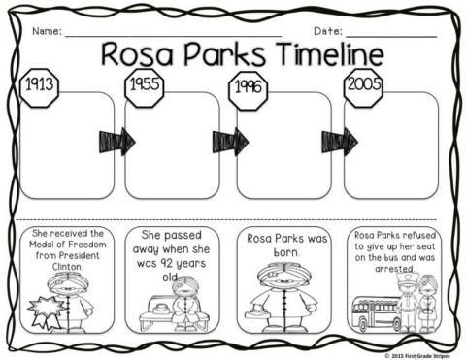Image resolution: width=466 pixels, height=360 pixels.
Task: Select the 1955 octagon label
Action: coord(143,84)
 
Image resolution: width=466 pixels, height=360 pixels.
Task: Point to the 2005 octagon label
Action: coord(362,84)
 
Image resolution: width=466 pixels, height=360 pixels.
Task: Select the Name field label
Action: coord(47,30)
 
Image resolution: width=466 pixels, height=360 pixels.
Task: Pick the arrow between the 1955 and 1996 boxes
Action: coord(227,142)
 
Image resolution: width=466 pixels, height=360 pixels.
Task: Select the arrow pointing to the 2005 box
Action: coord(338,142)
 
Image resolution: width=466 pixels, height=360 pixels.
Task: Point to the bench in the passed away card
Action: coord(151,311)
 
